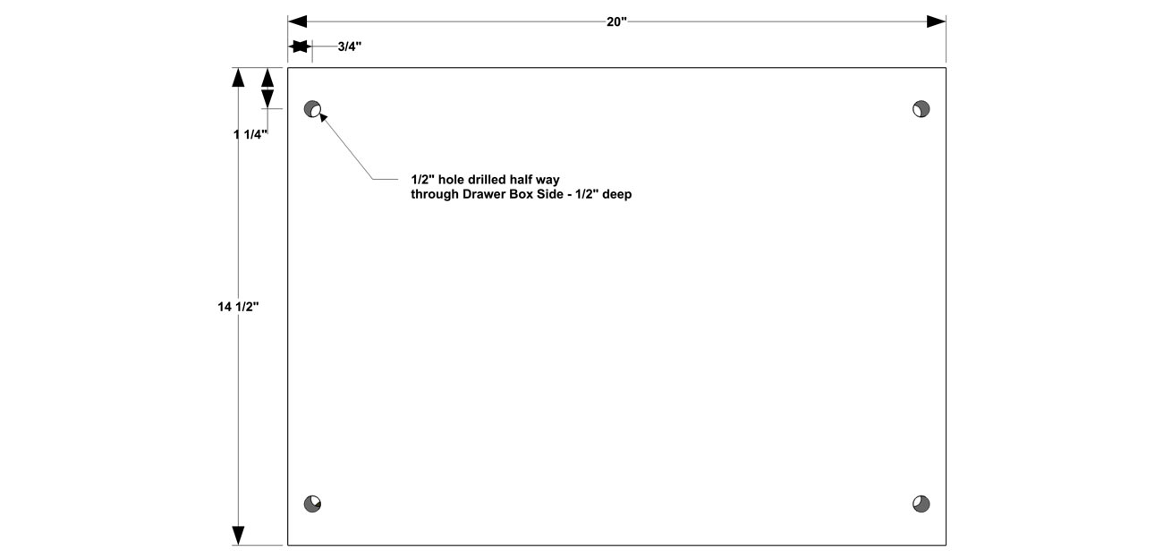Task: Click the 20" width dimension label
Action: click(x=616, y=21)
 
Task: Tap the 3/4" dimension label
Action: click(x=350, y=47)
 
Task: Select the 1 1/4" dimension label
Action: click(x=250, y=134)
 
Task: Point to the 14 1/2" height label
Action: click(x=238, y=307)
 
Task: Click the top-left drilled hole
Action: click(x=312, y=109)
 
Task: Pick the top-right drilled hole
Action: click(x=921, y=109)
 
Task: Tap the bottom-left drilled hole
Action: click(x=312, y=504)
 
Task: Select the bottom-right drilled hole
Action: click(x=921, y=504)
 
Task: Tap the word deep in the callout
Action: click(x=616, y=195)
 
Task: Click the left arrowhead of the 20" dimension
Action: click(x=298, y=21)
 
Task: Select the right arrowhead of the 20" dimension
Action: click(x=936, y=21)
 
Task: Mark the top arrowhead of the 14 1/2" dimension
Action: click(x=238, y=77)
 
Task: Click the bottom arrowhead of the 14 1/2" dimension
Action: click(x=238, y=535)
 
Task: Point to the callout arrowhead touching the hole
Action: click(x=323, y=117)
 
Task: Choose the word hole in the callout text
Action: click(x=451, y=180)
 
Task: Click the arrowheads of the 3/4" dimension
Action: click(x=300, y=47)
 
